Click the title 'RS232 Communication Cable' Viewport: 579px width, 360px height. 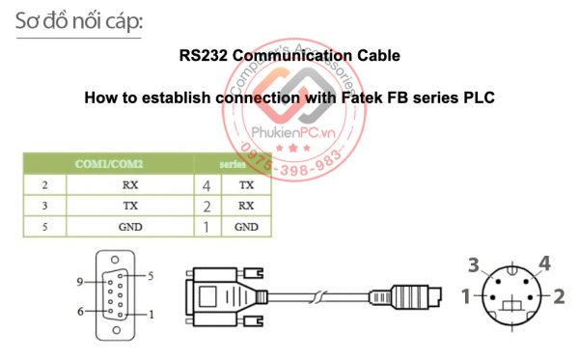(289, 55)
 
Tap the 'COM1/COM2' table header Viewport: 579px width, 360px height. (109, 164)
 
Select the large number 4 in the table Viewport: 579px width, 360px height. (207, 183)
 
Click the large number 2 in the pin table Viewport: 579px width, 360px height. (207, 206)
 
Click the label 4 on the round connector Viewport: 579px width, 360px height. (544, 263)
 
